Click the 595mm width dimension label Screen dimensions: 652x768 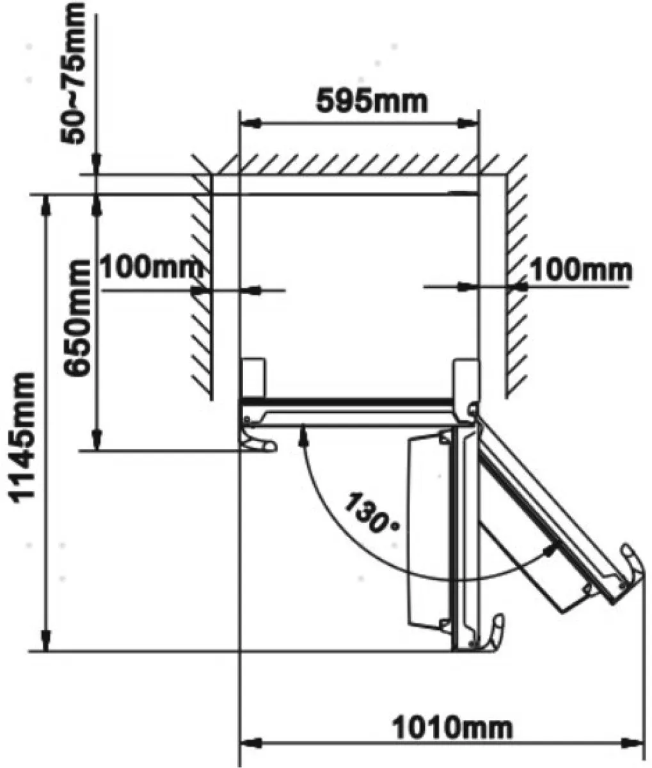click(372, 101)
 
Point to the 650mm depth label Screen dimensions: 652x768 click(77, 318)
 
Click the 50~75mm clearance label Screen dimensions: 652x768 click(73, 73)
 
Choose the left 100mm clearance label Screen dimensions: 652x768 click(152, 268)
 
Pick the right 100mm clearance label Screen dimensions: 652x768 click(582, 271)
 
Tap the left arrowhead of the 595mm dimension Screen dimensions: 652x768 click(250, 124)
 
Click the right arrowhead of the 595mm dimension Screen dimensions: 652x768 click(467, 124)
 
